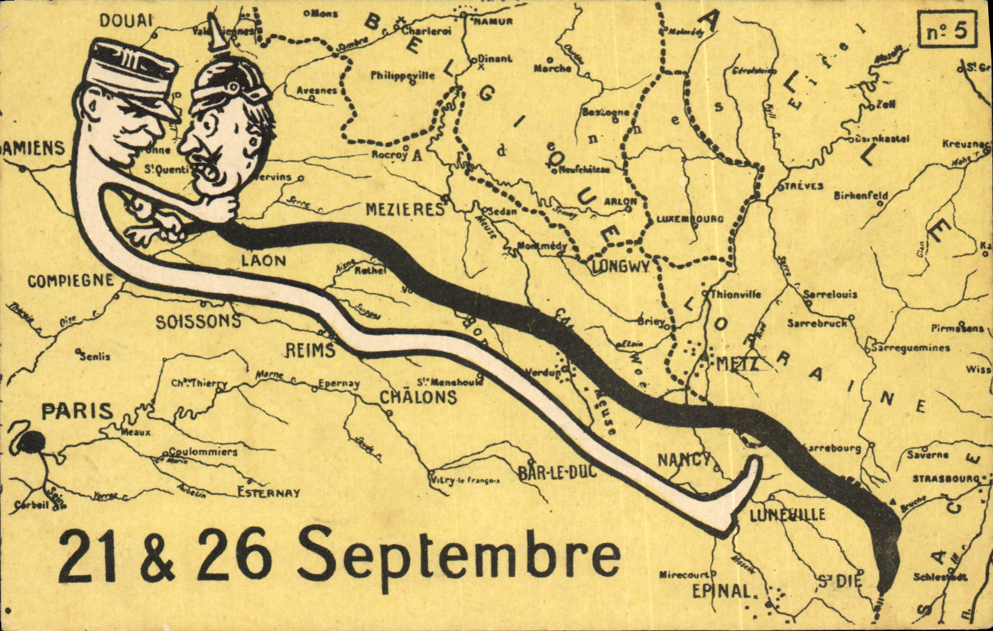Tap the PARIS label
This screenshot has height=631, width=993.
pyautogui.click(x=77, y=412)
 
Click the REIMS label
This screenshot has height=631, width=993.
pyautogui.click(x=310, y=350)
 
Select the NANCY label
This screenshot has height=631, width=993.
pyautogui.click(x=684, y=461)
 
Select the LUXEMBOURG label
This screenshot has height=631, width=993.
pyautogui.click(x=690, y=219)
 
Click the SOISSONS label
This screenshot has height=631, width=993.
pyautogui.click(x=198, y=322)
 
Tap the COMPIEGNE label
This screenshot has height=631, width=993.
pyautogui.click(x=70, y=281)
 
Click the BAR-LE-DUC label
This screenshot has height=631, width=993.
pyautogui.click(x=557, y=471)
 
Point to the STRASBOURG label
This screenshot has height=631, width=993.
pyautogui.click(x=946, y=479)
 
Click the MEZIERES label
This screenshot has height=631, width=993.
pyautogui.click(x=405, y=210)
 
